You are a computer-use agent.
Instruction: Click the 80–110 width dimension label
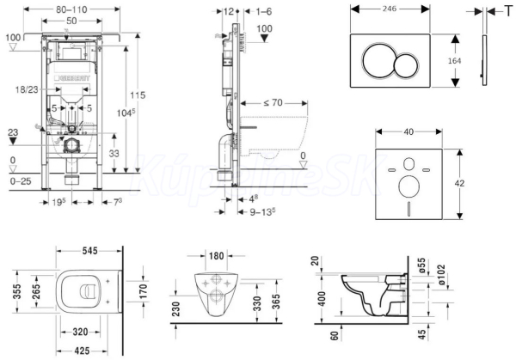(71, 9)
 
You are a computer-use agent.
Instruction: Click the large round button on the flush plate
(379, 61)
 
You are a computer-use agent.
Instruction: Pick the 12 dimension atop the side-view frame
(227, 10)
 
